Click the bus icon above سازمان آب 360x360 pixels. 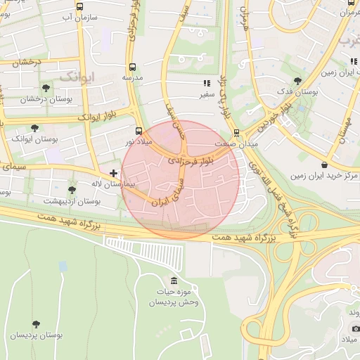(79, 6)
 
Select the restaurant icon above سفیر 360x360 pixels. (207, 82)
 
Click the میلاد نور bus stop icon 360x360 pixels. (139, 131)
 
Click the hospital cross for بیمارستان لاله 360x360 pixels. (114, 172)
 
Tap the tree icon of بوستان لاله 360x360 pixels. (71, 190)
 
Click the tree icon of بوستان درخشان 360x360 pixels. (46, 88)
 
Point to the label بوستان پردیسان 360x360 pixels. (36, 335)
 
